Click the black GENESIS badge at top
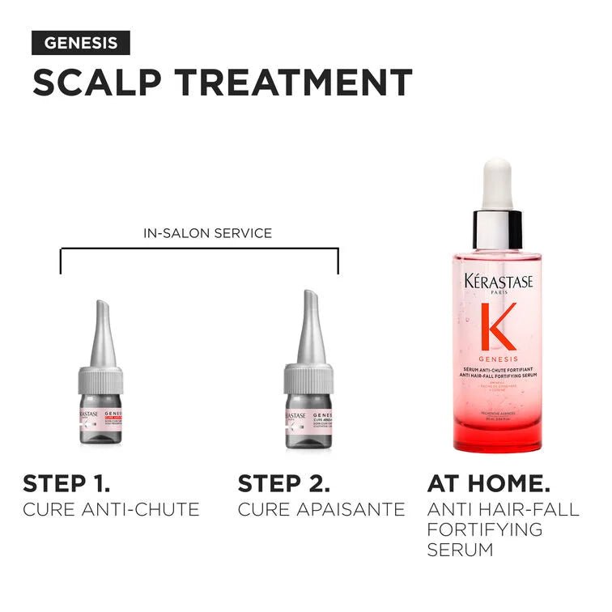(x=80, y=43)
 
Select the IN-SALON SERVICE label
(x=207, y=233)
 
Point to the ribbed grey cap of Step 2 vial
(x=308, y=377)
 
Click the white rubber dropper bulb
(x=497, y=184)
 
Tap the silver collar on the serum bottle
(x=497, y=229)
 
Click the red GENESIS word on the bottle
(x=497, y=358)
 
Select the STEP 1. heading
(x=66, y=484)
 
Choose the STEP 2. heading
(x=283, y=484)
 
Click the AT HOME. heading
(x=488, y=484)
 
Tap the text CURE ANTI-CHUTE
(x=111, y=509)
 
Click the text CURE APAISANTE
(x=321, y=509)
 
